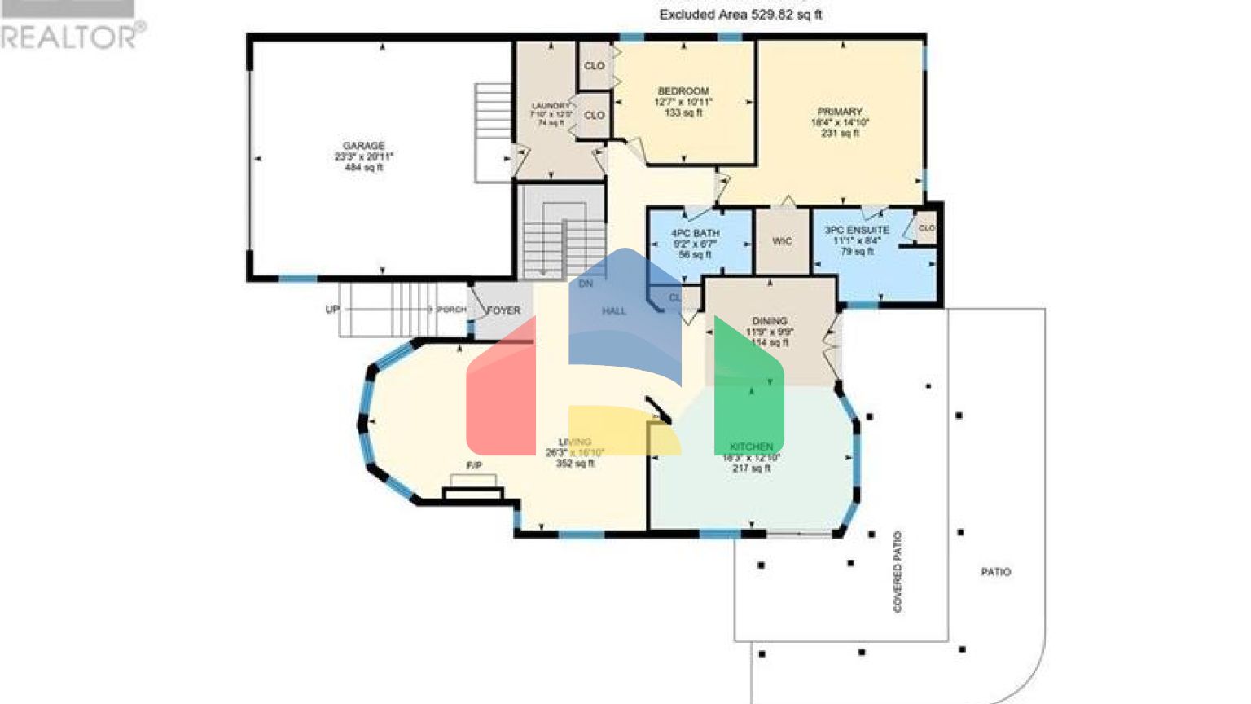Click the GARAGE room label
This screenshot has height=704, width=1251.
(x=363, y=146)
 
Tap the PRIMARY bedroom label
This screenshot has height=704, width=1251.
(x=840, y=112)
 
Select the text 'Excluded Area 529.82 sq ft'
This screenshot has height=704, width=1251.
(x=740, y=15)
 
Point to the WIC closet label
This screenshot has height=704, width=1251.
(x=782, y=241)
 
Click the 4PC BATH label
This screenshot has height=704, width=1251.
(x=695, y=233)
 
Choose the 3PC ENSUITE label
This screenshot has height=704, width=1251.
(x=857, y=231)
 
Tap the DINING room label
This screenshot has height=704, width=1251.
(x=770, y=321)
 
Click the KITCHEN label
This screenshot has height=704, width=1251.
(x=751, y=447)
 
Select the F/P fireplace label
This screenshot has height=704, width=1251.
(x=474, y=465)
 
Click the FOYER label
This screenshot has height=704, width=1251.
(x=503, y=310)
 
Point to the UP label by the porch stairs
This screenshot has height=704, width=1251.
(x=332, y=310)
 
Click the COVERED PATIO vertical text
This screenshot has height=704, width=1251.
(x=898, y=571)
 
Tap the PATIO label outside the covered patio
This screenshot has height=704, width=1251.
(x=995, y=572)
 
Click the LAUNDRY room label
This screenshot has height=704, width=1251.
(x=551, y=106)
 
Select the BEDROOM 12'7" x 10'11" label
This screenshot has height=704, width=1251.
(x=683, y=91)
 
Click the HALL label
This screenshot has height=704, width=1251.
(x=614, y=310)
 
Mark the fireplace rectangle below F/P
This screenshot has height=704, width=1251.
(x=472, y=493)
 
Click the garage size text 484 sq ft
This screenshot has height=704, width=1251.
(x=363, y=167)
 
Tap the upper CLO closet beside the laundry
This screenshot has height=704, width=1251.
(x=595, y=66)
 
